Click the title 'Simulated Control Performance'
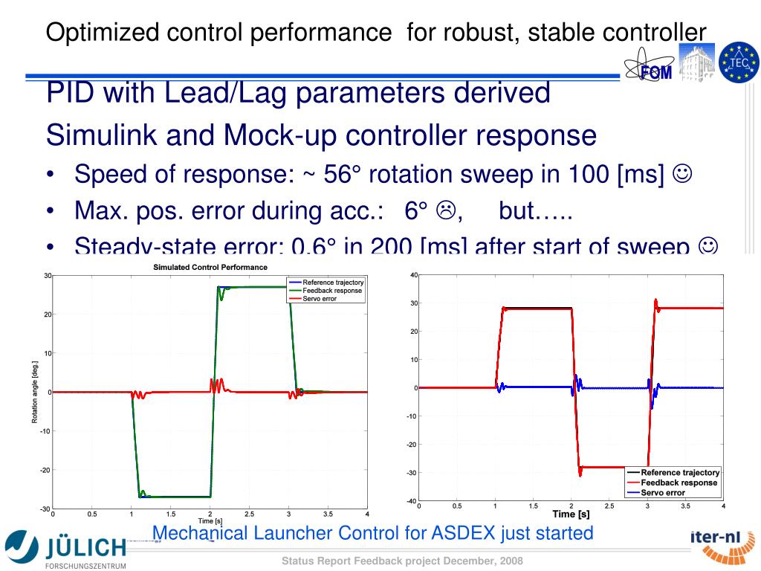click(x=210, y=267)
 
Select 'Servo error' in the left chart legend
click(x=320, y=299)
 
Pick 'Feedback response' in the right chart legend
click(x=679, y=483)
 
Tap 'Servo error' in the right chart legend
click(x=663, y=493)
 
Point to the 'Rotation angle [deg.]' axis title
click(x=34, y=392)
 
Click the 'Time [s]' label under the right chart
click(x=571, y=514)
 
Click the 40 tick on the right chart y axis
click(x=413, y=275)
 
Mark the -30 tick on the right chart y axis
click(x=411, y=473)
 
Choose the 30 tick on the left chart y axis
click(x=47, y=276)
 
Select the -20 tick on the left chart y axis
click(x=45, y=470)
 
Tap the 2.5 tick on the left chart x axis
click(x=249, y=514)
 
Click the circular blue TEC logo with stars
click(x=739, y=62)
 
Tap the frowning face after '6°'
click(x=445, y=211)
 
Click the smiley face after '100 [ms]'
click(x=682, y=175)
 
